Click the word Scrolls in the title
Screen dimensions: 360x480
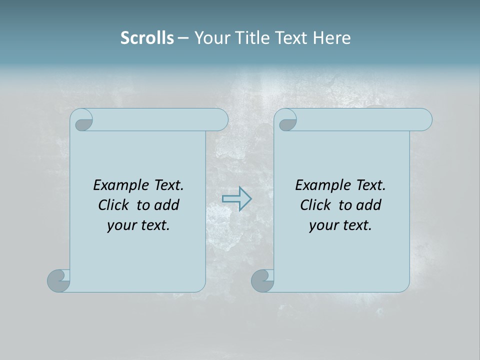click(147, 38)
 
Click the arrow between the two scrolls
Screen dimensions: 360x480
click(236, 199)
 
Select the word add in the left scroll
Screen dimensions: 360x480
click(167, 205)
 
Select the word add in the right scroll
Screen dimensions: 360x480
click(369, 205)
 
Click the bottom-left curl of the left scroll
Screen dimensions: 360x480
click(58, 281)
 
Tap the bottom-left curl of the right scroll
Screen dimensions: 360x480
click(262, 281)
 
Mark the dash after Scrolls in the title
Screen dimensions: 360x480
click(183, 38)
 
